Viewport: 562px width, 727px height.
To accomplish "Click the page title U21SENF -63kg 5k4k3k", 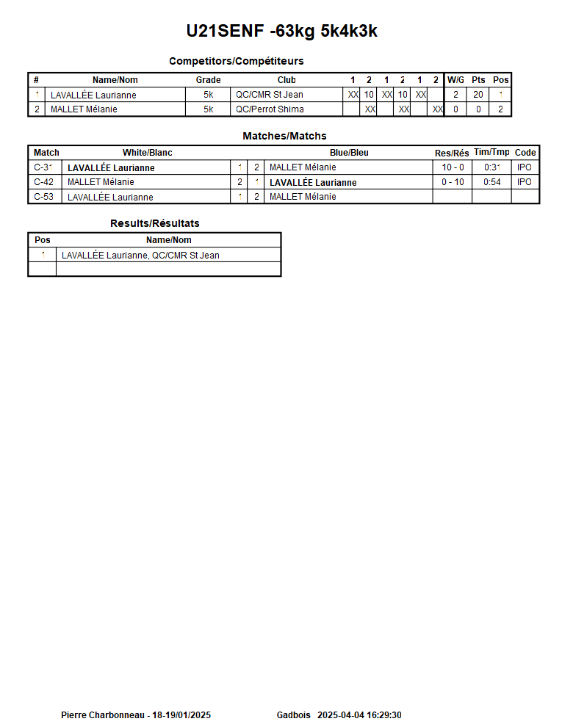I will (x=281, y=32).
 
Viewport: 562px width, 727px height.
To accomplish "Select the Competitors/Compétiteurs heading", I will (x=236, y=61).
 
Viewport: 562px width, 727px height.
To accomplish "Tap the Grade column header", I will (x=208, y=80).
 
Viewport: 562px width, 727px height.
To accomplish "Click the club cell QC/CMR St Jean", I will (x=269, y=95).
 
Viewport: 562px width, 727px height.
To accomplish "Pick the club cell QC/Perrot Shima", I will (x=270, y=109).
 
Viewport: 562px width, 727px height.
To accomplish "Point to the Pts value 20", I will (x=478, y=95).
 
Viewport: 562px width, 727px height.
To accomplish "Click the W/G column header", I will (x=455, y=80).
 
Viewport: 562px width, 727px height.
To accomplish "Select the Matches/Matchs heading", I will (x=284, y=136).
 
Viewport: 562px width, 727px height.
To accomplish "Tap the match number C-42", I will (x=43, y=182).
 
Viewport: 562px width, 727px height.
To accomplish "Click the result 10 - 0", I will (x=453, y=167).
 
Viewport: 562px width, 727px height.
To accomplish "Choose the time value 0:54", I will (x=491, y=182).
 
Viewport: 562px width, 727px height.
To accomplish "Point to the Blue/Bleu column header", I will (x=349, y=153).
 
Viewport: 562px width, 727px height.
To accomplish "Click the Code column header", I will (x=525, y=153).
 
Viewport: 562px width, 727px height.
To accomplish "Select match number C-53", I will (x=43, y=197).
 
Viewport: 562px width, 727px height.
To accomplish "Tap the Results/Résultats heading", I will (x=154, y=223).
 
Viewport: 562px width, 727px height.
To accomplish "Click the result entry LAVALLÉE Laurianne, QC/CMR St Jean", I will (x=140, y=256).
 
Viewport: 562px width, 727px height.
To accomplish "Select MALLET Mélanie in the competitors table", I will (x=84, y=109).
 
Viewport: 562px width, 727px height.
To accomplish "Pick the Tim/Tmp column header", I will (x=491, y=152).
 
